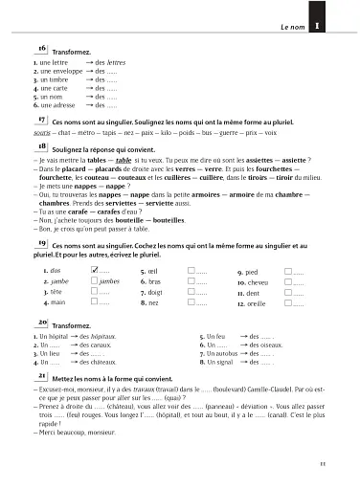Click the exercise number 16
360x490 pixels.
[42, 47]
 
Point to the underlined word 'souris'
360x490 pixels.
[42, 134]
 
